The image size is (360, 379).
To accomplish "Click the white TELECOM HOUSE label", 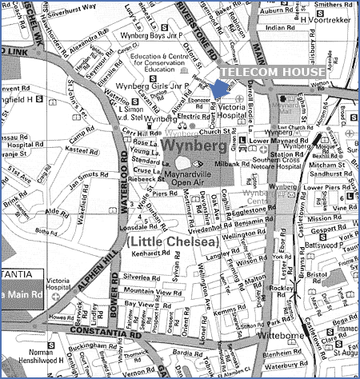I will [272, 71].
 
